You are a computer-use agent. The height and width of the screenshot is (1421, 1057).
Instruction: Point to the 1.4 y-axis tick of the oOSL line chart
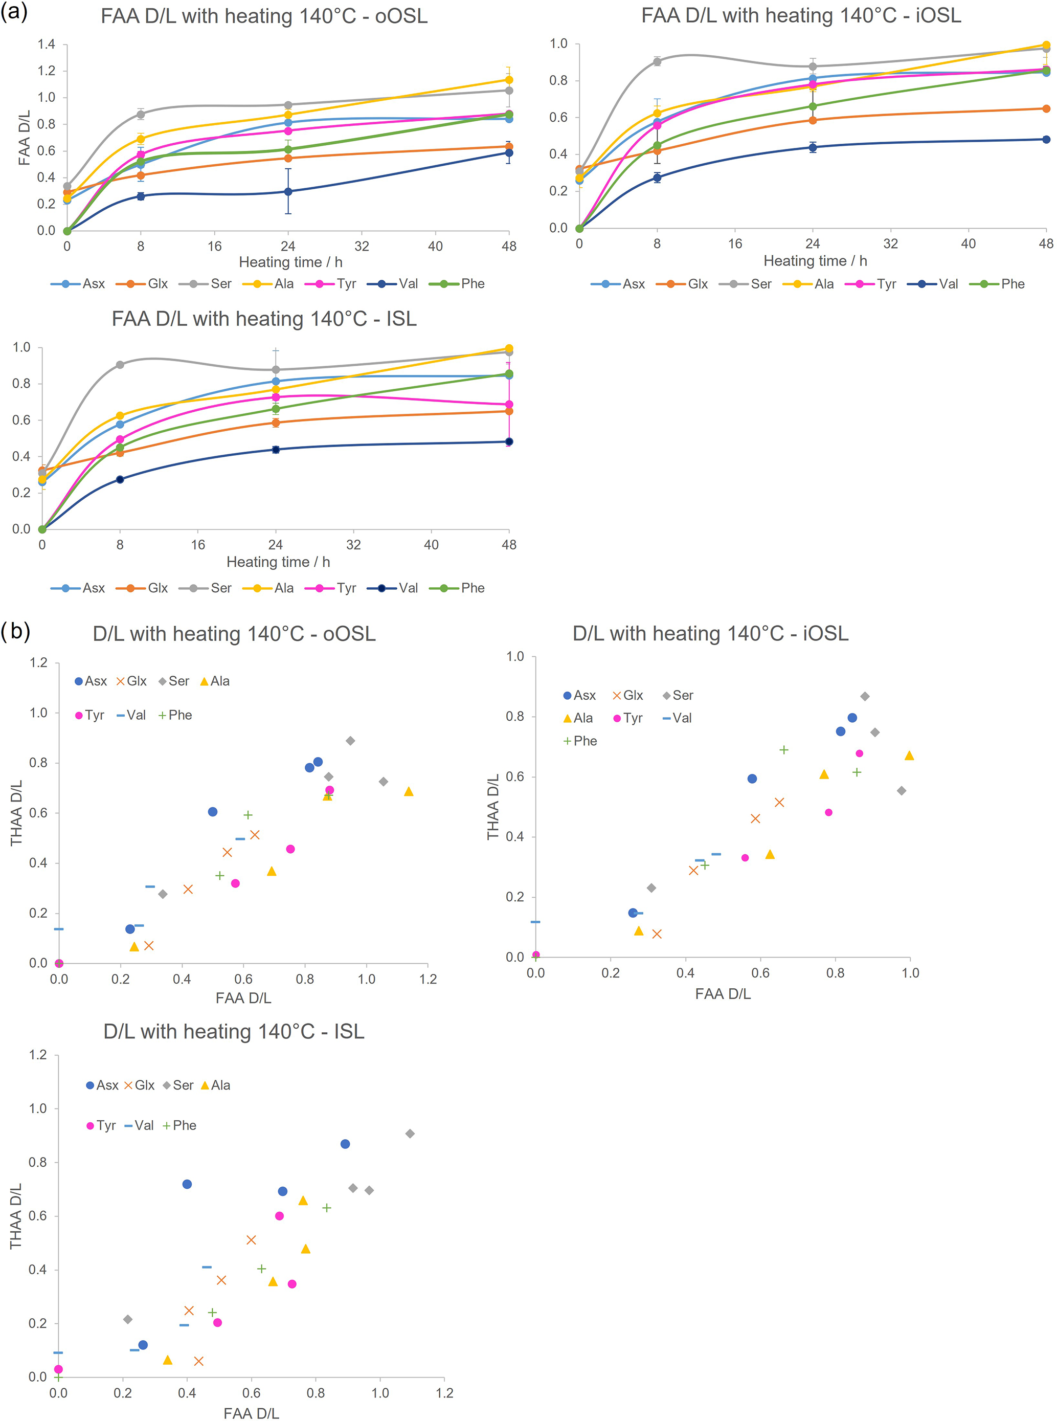tap(46, 44)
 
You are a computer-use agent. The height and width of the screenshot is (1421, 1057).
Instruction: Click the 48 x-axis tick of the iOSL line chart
tap(1045, 244)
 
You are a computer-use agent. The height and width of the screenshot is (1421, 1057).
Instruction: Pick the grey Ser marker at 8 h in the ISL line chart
tap(120, 365)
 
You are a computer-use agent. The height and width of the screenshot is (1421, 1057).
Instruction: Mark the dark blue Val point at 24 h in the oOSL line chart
tap(288, 191)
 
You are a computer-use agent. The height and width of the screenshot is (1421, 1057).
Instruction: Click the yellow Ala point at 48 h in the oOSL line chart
tap(509, 80)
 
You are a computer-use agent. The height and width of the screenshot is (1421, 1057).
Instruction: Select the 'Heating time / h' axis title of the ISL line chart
tap(278, 562)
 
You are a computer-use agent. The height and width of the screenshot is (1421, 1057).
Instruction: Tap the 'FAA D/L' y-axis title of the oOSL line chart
tap(25, 138)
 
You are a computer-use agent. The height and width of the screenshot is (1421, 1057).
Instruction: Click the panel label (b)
tap(15, 631)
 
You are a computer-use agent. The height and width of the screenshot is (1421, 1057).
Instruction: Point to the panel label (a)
tap(14, 12)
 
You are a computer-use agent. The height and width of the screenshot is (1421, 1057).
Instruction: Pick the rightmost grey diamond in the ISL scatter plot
tap(410, 1134)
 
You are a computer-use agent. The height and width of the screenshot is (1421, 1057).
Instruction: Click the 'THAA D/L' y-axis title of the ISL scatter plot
tap(16, 1216)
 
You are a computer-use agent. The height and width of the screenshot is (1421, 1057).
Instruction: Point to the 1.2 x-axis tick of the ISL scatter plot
tap(444, 1393)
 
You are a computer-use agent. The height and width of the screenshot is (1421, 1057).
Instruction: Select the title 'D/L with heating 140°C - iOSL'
tap(710, 634)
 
